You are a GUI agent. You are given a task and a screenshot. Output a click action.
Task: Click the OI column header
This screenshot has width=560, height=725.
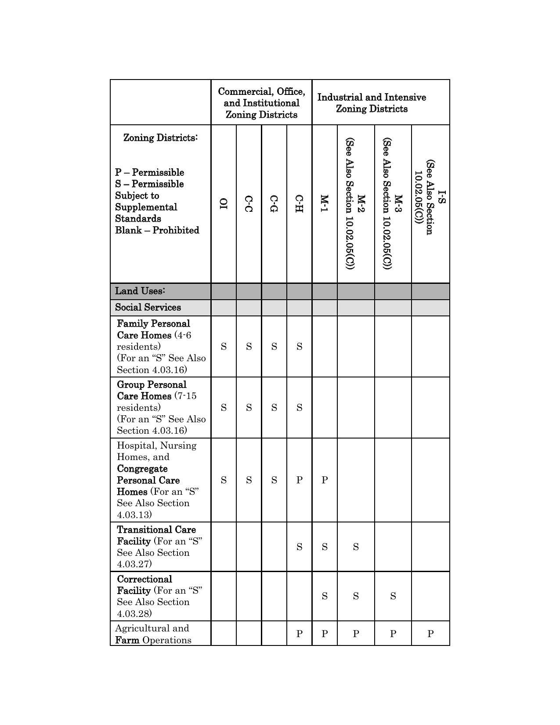(x=224, y=204)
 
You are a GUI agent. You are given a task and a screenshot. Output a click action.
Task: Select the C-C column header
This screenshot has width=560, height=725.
(x=249, y=204)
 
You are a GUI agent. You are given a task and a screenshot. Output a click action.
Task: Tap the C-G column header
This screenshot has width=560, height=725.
(x=274, y=204)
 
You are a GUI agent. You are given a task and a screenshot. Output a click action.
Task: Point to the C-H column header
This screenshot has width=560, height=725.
(x=299, y=204)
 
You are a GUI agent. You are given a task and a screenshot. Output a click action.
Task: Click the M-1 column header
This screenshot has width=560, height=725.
(x=324, y=204)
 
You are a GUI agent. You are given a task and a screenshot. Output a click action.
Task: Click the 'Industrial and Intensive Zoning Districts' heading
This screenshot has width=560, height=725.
(x=372, y=103)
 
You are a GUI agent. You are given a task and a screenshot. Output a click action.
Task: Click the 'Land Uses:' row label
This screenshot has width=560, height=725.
(x=140, y=291)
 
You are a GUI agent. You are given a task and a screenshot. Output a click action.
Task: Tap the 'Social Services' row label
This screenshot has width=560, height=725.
(x=148, y=308)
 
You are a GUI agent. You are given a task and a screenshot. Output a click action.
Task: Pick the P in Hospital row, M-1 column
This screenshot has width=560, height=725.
(x=325, y=480)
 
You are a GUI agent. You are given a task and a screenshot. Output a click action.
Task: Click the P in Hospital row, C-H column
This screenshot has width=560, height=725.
(x=299, y=480)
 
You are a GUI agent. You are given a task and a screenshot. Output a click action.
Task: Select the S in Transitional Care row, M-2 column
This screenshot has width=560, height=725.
(x=356, y=547)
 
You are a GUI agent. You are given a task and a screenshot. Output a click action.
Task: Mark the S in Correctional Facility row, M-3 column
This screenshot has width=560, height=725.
(x=393, y=596)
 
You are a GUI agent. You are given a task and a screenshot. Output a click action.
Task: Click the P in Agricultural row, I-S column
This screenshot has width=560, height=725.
(x=430, y=634)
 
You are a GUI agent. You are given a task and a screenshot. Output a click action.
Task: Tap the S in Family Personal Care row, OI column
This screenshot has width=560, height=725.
(x=224, y=347)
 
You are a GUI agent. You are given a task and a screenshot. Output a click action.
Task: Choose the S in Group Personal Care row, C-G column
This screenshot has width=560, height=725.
(x=274, y=408)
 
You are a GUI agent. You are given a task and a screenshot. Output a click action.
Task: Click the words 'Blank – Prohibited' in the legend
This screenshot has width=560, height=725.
(x=157, y=230)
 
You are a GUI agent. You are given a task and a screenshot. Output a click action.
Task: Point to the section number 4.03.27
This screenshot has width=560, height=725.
(x=134, y=564)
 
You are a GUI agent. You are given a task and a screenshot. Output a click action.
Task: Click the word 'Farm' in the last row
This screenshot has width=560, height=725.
(x=127, y=640)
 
